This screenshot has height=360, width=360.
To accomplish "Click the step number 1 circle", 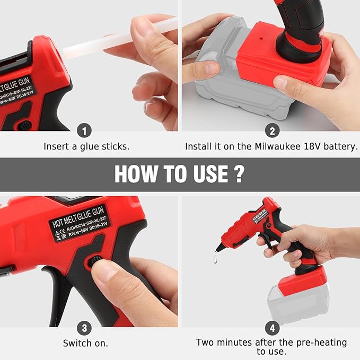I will point(85,131).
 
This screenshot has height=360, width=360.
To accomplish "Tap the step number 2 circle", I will point(272,131).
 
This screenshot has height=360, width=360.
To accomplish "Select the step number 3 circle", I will point(85,327).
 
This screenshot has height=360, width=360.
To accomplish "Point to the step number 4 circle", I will point(272,327).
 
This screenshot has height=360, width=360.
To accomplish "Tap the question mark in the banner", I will point(239,174).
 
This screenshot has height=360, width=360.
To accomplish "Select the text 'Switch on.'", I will point(85,343).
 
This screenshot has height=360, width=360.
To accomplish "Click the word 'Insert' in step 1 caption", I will point(57,146).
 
